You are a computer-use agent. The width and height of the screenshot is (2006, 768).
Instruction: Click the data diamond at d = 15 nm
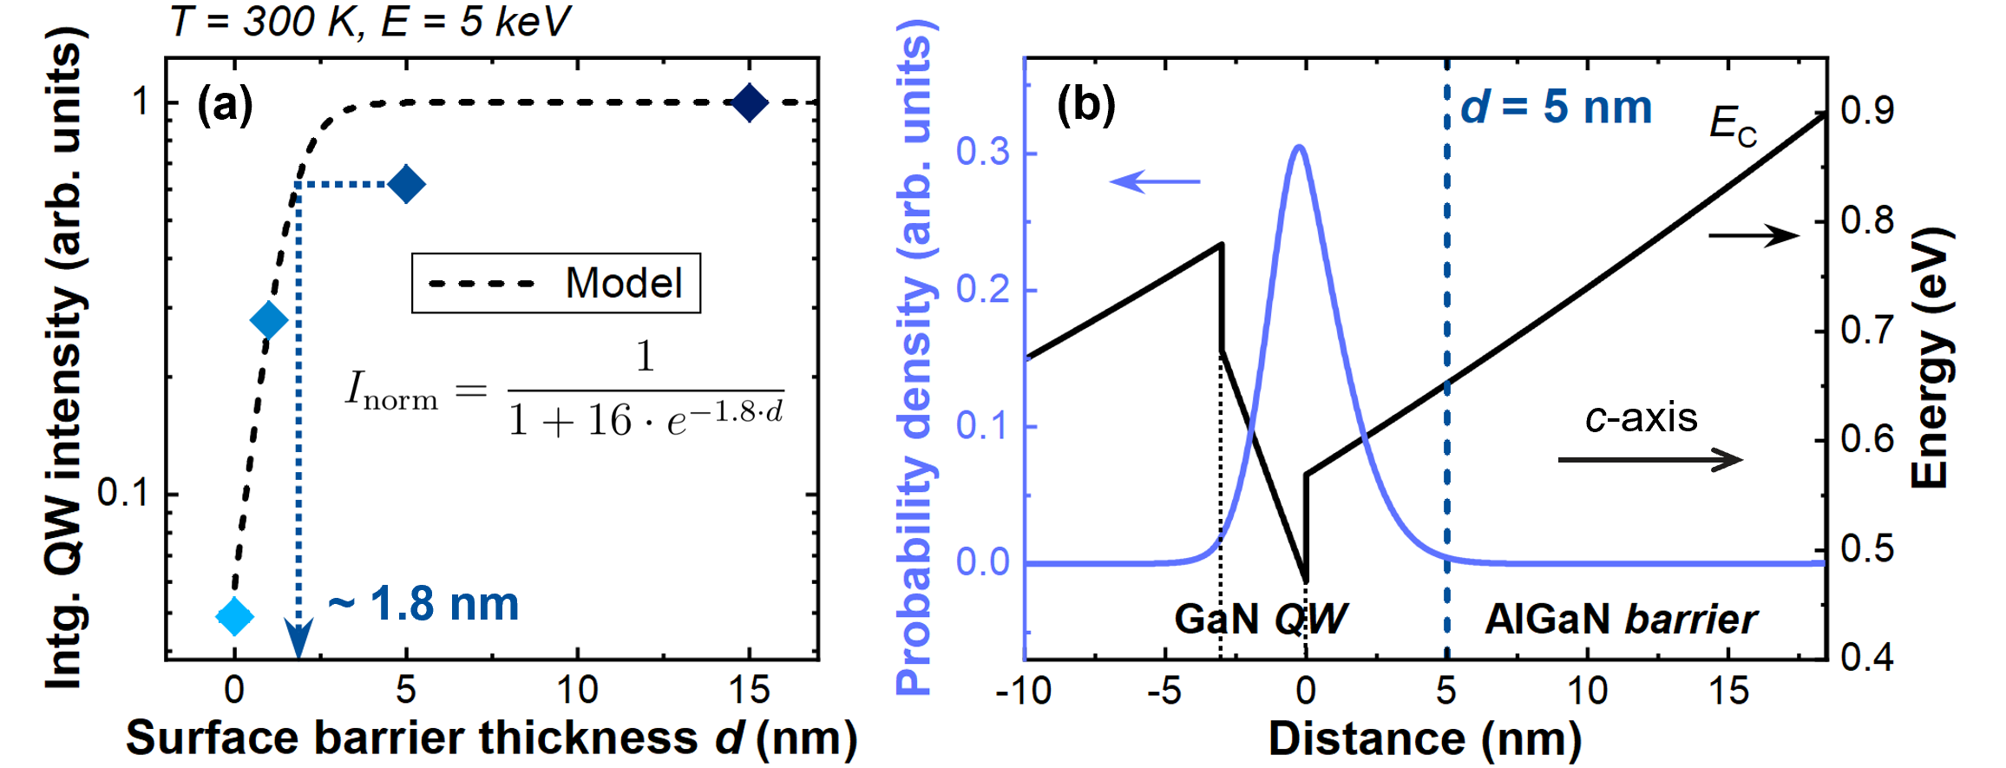click(750, 103)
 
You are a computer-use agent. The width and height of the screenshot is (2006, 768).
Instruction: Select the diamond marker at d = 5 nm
click(406, 184)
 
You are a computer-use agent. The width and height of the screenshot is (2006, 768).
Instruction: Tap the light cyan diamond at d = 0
click(234, 617)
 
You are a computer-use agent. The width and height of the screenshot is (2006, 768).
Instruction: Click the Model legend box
click(555, 283)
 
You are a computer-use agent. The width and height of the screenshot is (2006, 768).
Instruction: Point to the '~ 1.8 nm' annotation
click(423, 604)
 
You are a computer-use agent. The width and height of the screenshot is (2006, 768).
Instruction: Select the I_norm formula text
click(564, 391)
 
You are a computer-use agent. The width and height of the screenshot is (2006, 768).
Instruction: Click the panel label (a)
click(225, 104)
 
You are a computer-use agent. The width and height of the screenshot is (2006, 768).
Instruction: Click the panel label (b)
click(1085, 104)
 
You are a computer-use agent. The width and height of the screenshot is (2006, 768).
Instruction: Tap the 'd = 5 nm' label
click(1557, 108)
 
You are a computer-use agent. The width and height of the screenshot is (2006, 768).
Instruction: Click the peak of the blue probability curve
click(1299, 147)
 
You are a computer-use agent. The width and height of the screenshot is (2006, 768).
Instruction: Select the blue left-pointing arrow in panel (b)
click(1154, 181)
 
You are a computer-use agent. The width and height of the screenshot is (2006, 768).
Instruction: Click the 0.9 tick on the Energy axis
click(1867, 110)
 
